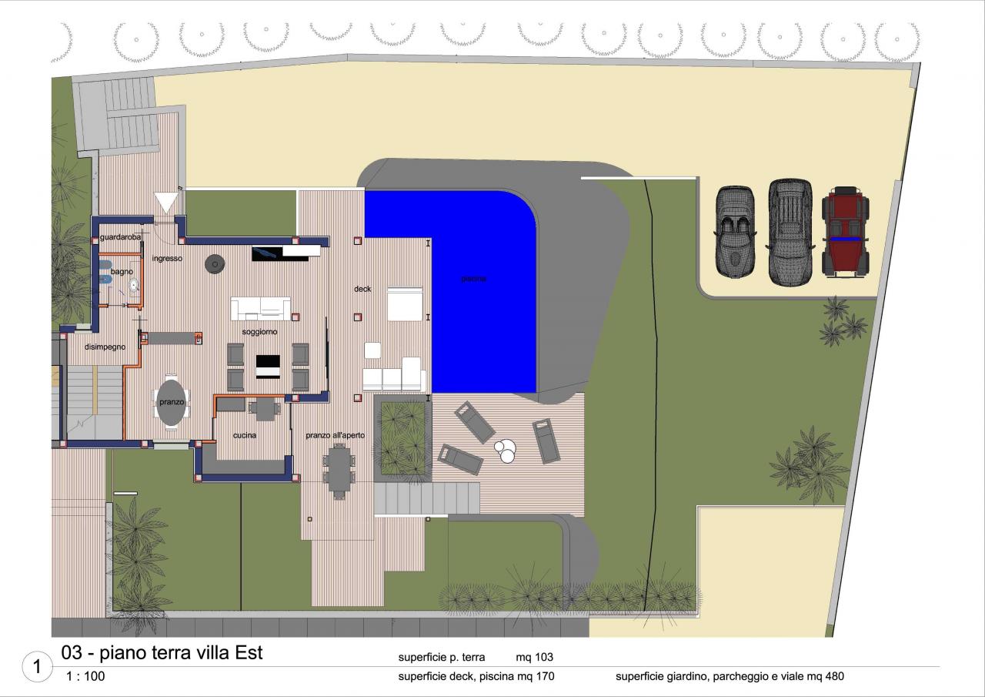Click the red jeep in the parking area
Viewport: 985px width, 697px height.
(845, 232)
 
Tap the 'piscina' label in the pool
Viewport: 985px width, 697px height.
(473, 279)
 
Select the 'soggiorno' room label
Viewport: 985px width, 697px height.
(259, 332)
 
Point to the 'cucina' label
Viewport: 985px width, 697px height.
(245, 435)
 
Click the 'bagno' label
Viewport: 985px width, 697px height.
(122, 272)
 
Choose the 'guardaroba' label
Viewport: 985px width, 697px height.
(121, 237)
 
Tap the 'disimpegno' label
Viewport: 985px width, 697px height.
(105, 347)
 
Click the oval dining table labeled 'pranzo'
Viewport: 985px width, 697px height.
(172, 403)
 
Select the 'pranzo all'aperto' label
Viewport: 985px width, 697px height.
(335, 435)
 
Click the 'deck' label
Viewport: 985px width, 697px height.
(362, 289)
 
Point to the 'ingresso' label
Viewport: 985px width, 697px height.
(167, 258)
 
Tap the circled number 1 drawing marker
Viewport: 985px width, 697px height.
(37, 666)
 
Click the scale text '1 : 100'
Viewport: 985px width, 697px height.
(85, 676)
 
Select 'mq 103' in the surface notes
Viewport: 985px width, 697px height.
(534, 658)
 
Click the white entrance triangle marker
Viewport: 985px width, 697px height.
(166, 203)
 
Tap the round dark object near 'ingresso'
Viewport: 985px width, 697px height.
(215, 264)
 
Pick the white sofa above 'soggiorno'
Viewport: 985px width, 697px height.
(260, 309)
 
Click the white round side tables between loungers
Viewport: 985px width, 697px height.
(506, 451)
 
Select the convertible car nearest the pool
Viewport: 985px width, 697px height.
(735, 232)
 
